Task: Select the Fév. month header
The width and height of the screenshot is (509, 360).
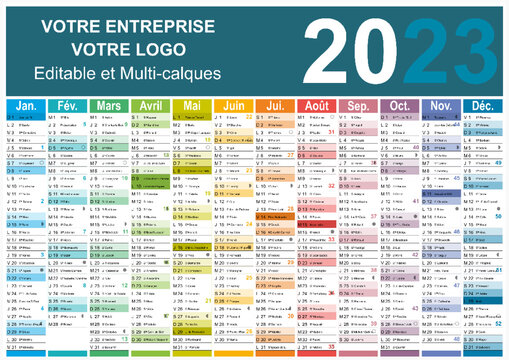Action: tap(68, 105)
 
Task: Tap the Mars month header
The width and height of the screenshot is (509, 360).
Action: tap(109, 105)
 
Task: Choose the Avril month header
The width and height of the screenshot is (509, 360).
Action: tap(151, 105)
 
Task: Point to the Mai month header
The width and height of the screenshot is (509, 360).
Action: tap(192, 105)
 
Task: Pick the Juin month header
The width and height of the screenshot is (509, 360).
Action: tap(234, 105)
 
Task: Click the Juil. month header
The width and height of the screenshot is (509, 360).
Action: tap(275, 105)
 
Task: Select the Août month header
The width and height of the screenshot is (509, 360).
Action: tap(317, 105)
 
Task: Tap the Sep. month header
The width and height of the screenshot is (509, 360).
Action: tap(358, 105)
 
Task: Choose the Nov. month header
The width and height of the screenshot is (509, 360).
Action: tap(441, 105)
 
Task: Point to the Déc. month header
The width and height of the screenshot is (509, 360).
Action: tap(483, 105)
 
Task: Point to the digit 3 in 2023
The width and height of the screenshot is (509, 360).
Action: tap(475, 51)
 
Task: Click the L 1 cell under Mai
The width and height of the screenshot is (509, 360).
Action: tap(192, 117)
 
